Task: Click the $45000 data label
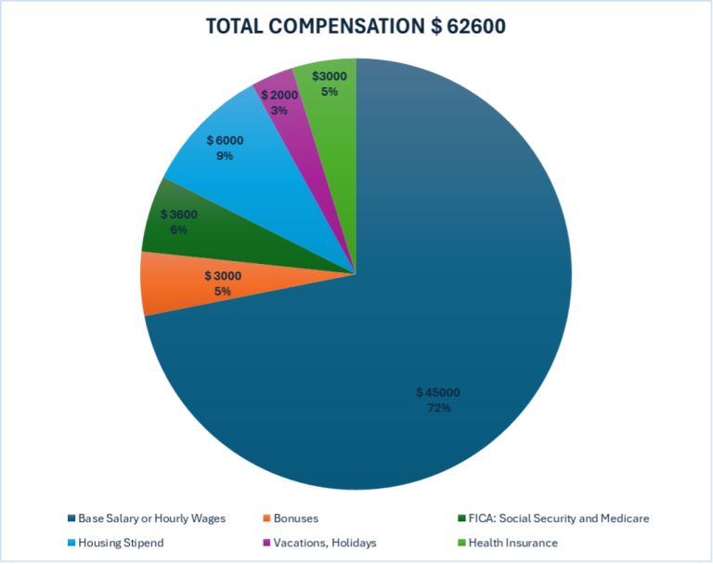coord(437,393)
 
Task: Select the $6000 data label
coord(226,140)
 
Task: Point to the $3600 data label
coord(179,215)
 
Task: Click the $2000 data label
coord(279,96)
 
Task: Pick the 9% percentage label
coord(225,155)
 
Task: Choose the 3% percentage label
coord(279,110)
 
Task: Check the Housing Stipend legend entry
coord(117,542)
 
